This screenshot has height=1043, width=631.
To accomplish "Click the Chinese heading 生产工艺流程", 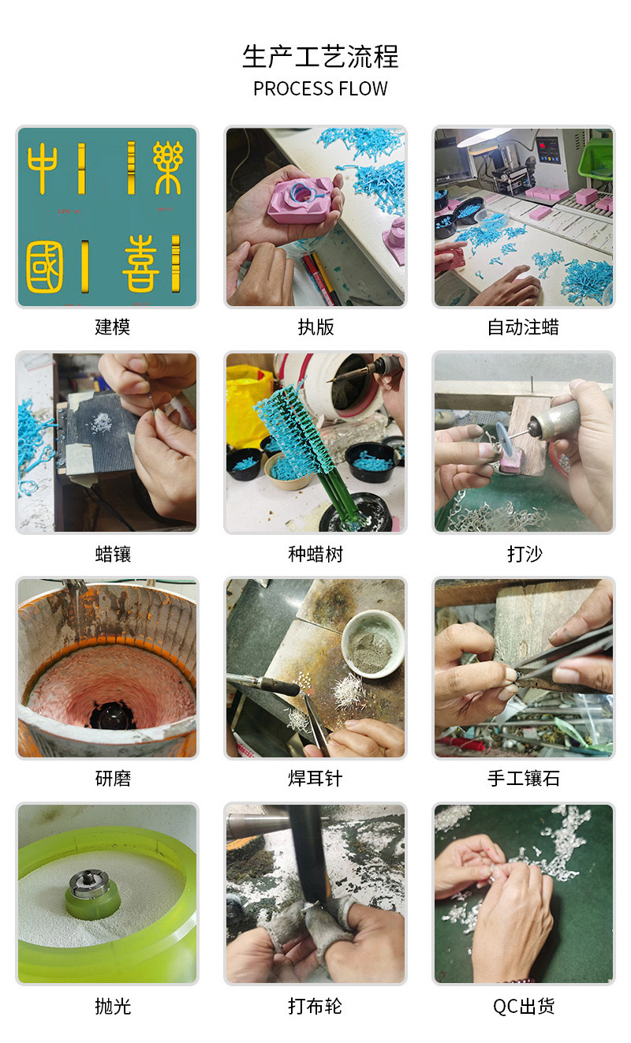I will [320, 57].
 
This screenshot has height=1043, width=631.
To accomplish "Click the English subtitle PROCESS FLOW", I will [320, 88].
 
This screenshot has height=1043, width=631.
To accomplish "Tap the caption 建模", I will [113, 327].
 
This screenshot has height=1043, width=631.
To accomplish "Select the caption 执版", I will [315, 327].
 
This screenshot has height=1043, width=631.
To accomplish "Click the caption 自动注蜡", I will [523, 327].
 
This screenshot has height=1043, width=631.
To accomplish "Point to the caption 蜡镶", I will [113, 554].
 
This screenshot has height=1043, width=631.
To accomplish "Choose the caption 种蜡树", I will [315, 554].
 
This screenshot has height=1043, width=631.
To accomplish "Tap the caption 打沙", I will [524, 554].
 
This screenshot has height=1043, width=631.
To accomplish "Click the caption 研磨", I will [113, 779].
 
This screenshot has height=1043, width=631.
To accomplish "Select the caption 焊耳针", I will [315, 779].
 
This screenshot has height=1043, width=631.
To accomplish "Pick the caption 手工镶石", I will [524, 779].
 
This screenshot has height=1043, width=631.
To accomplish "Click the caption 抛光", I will [113, 1006].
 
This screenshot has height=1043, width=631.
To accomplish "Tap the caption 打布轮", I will [315, 1006].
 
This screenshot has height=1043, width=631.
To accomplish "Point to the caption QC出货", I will [524, 1006].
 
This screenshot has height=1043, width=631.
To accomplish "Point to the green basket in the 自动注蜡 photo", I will [596, 157].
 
